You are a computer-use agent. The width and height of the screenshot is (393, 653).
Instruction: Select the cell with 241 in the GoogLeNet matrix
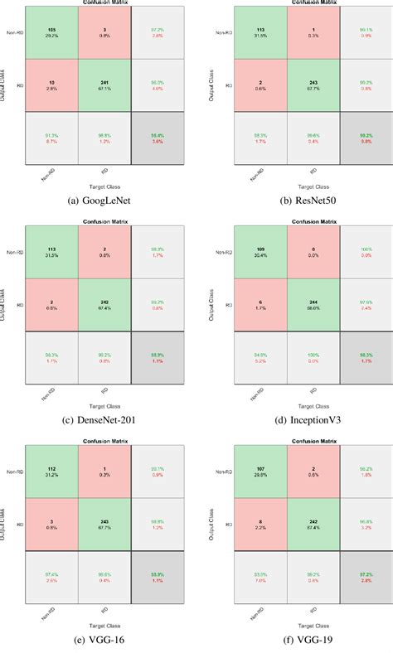104,85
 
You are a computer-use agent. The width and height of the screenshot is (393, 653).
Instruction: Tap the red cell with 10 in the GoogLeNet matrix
51,85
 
